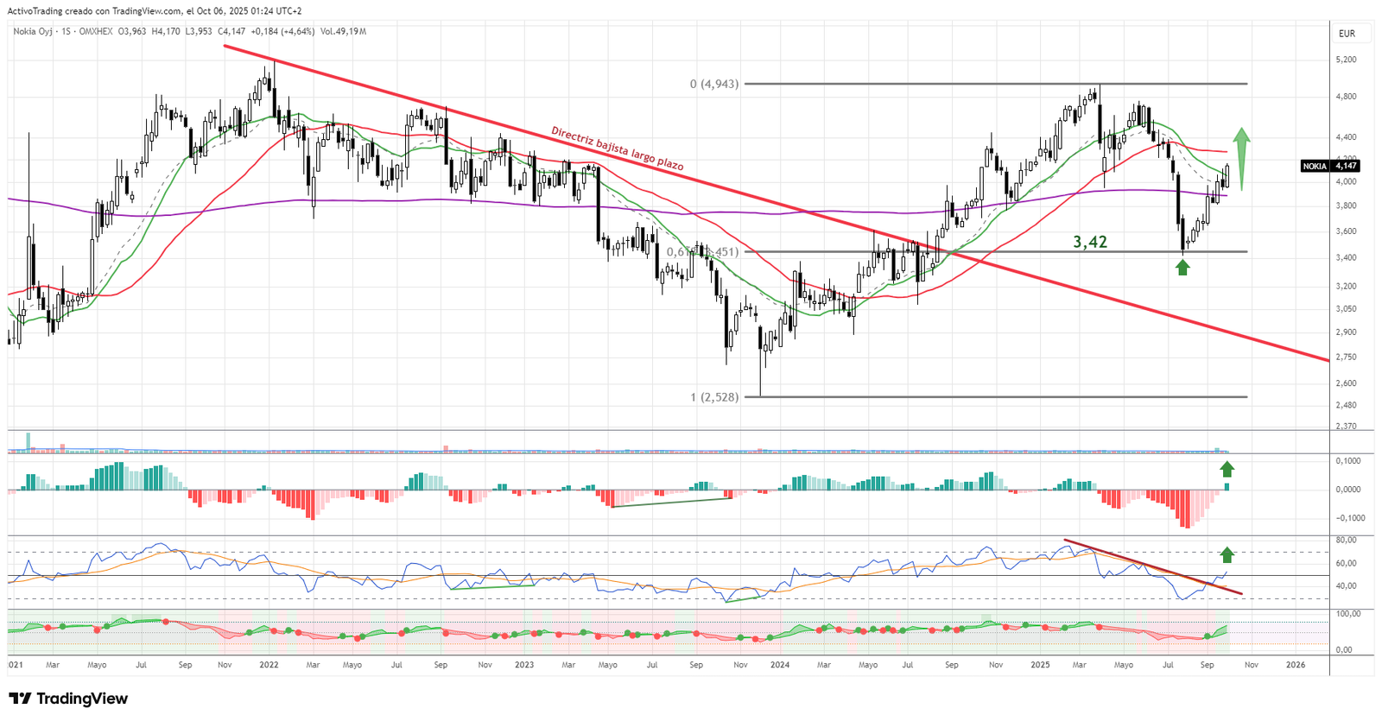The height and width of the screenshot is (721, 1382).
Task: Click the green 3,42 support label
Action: (x=1090, y=243)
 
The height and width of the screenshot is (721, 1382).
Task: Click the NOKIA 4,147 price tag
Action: (x=1330, y=166)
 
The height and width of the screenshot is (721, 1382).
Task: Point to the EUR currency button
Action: (x=1347, y=34)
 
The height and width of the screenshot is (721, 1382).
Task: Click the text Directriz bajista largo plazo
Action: (x=618, y=149)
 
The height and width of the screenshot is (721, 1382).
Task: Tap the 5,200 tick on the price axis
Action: (x=1346, y=60)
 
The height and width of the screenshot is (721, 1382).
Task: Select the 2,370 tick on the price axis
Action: (x=1346, y=427)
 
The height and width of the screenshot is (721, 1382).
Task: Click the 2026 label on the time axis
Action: (x=1296, y=665)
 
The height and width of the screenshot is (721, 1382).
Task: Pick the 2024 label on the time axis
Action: (x=780, y=665)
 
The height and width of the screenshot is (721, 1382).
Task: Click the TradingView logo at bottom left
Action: (x=68, y=699)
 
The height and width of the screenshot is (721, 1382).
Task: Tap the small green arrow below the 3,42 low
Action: (x=1182, y=268)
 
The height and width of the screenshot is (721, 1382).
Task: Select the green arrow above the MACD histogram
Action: (x=1227, y=469)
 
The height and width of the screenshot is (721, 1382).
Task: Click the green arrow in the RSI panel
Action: (x=1227, y=554)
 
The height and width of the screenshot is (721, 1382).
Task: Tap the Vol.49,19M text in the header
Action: (x=343, y=32)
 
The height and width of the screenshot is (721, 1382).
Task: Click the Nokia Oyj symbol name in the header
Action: (x=33, y=32)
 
